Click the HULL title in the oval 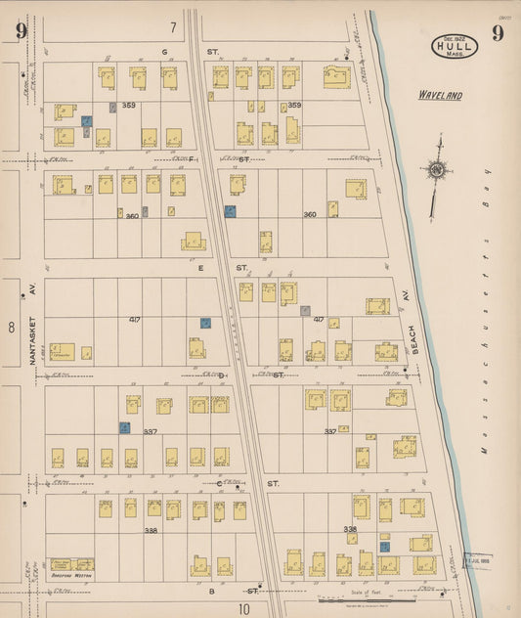[456, 45]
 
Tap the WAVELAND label [440, 96]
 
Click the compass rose [435, 171]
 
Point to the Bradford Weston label [71, 575]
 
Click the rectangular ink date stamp [475, 559]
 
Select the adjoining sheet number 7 [173, 26]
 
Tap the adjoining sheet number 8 [12, 327]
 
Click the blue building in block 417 [205, 322]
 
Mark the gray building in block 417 [305, 311]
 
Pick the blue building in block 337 [124, 426]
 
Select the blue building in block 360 [230, 210]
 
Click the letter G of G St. [165, 51]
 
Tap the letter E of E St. [201, 266]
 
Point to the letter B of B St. [210, 591]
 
